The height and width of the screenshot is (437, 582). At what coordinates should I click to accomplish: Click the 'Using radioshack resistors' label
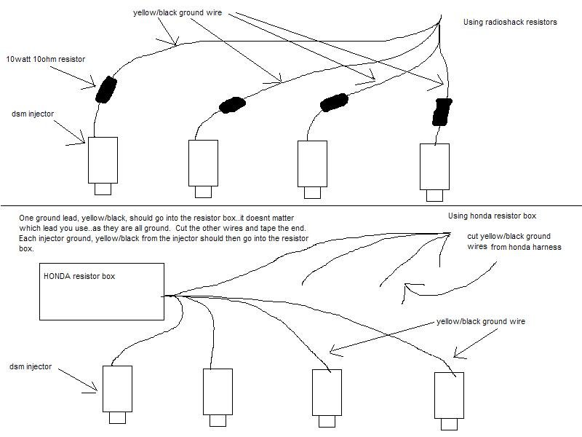click(510, 23)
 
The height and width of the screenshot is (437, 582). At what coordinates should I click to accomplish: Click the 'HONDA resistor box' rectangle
click(102, 291)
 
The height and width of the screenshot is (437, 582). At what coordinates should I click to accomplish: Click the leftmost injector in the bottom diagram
click(116, 390)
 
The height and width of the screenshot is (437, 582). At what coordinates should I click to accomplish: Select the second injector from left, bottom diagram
click(217, 392)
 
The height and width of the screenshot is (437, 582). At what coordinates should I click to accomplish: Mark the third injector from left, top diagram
click(314, 162)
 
